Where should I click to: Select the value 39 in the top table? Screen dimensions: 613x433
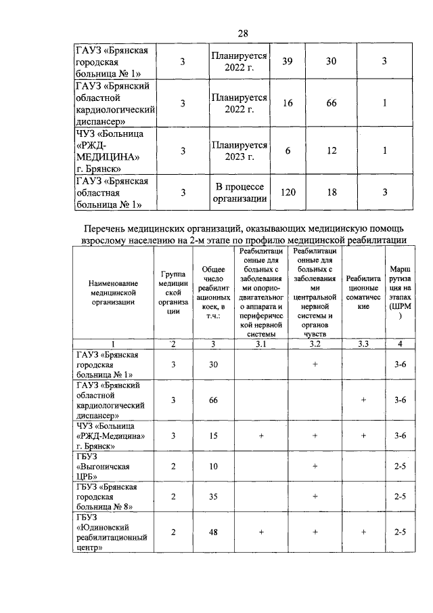[x=288, y=61]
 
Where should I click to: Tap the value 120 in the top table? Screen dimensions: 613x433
[x=288, y=193]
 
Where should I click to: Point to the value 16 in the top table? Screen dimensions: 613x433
[x=288, y=103]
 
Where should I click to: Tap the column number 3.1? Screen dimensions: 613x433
[x=261, y=345]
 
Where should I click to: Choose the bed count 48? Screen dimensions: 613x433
[x=213, y=532]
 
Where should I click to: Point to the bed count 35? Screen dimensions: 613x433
[x=213, y=496]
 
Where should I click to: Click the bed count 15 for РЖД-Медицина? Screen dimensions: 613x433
[x=213, y=436]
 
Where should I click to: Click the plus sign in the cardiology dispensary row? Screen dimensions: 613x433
[x=363, y=400]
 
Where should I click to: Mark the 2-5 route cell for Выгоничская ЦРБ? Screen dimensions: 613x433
[x=400, y=467]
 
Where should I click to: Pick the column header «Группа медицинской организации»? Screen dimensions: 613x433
[x=173, y=292]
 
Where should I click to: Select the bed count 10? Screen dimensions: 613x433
[x=213, y=467]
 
